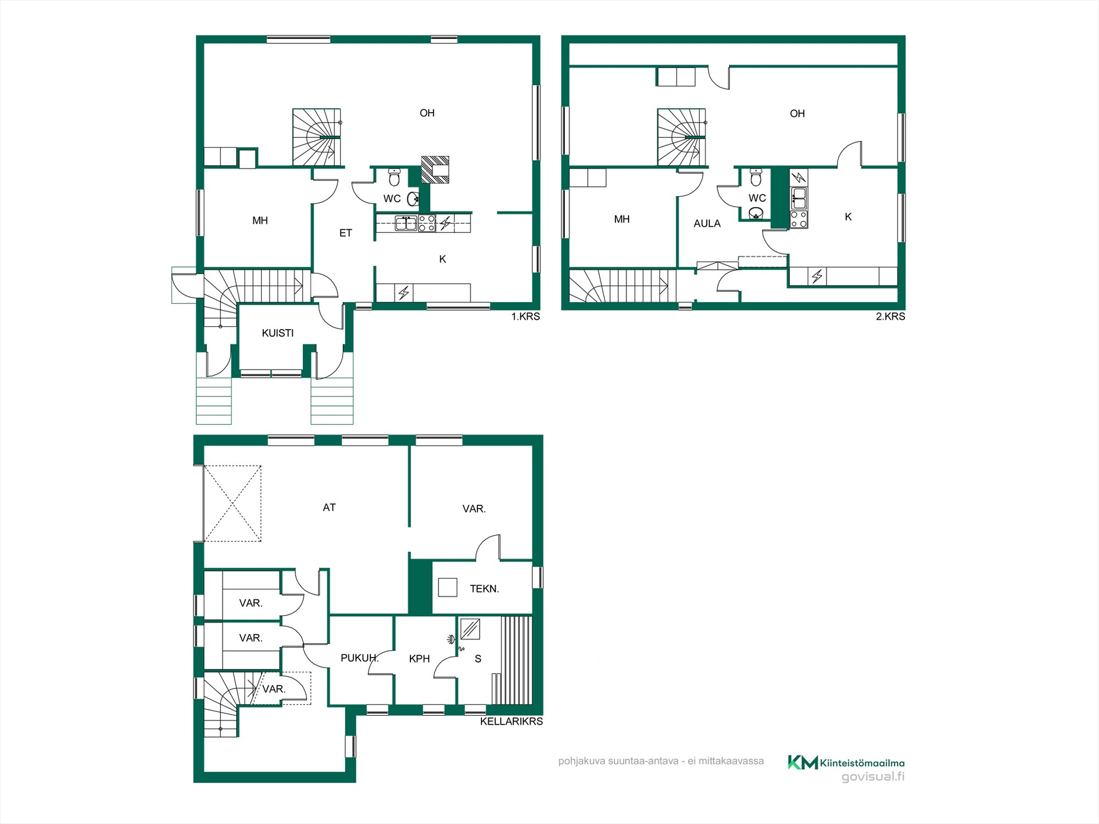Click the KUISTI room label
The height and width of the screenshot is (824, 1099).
pos(278,333)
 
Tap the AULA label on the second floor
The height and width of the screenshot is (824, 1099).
pos(707,224)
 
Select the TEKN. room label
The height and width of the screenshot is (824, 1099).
pos(484,589)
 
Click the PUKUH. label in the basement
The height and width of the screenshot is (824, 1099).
pos(359,658)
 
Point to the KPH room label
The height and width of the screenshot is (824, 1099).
pos(419,659)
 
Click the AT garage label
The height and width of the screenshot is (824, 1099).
pos(329,508)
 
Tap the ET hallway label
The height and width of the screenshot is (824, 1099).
pos(346,233)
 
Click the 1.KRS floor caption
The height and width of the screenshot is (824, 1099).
pos(525,316)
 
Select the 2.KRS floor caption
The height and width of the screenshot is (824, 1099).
pos(890,316)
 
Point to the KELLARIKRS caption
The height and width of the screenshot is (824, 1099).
pos(511,722)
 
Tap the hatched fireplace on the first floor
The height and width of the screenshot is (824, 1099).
pos(435,170)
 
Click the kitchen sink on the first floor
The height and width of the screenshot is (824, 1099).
pos(406,223)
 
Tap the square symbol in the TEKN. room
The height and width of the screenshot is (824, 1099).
pos(448,588)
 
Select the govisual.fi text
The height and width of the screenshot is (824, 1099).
pos(873,777)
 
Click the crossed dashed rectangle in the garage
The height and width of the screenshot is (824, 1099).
pos(232,504)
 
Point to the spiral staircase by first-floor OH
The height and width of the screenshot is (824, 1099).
pos(317,137)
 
